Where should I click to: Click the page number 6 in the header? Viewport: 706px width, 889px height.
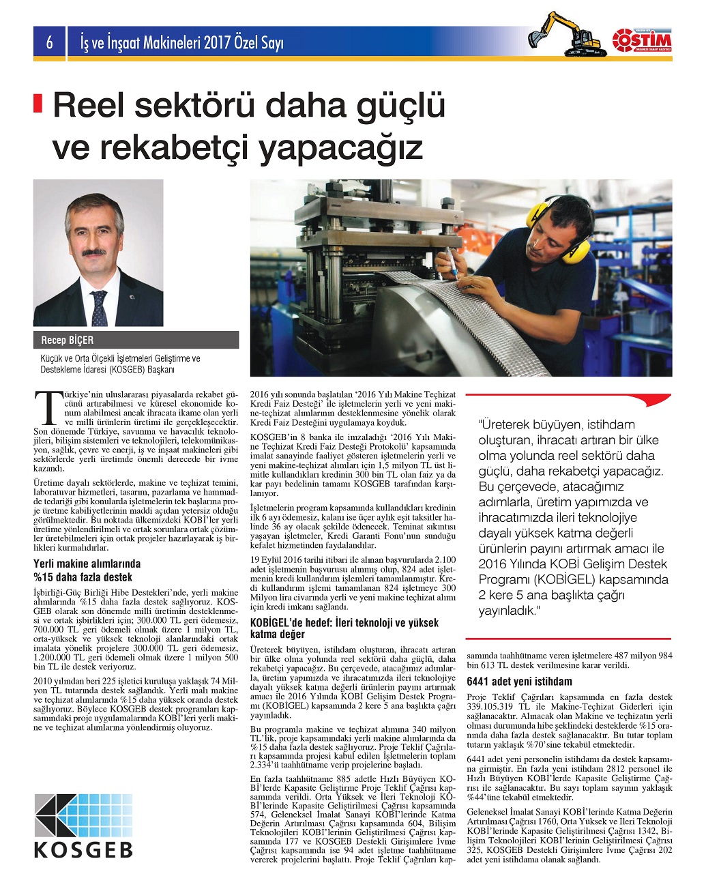click(x=49, y=43)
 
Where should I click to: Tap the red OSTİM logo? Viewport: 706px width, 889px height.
click(x=641, y=40)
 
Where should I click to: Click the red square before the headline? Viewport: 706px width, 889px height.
click(x=38, y=103)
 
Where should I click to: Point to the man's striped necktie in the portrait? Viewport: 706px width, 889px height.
click(x=100, y=308)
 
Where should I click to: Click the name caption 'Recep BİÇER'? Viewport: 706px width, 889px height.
click(x=68, y=340)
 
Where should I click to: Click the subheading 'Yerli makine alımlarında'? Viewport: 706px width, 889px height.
click(x=87, y=564)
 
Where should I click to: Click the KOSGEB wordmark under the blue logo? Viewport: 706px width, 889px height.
click(x=83, y=850)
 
